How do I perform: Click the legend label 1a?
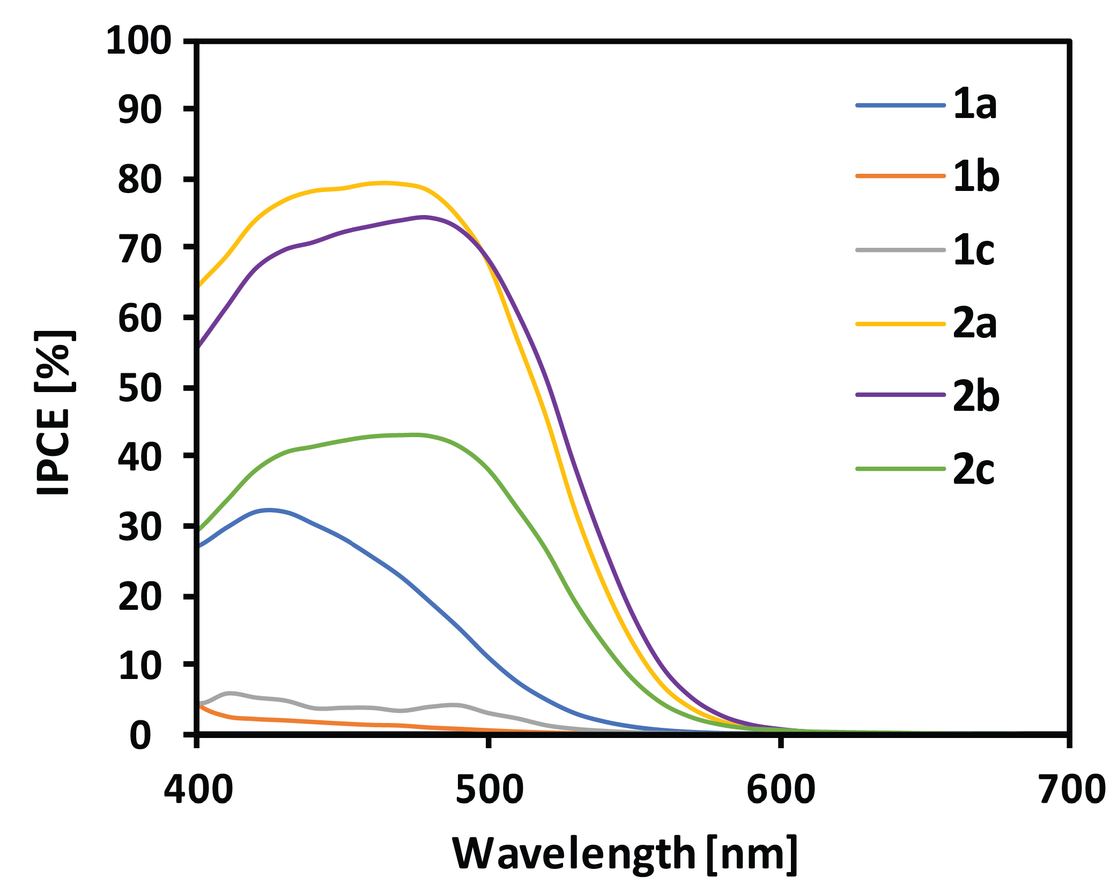pos(975,105)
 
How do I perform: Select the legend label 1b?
pos(976,177)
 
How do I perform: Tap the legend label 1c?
pos(974,250)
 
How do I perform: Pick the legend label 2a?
pos(975,323)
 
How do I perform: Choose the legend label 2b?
pos(976,396)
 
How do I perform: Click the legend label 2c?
pos(974,469)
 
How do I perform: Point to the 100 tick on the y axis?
pos(138,41)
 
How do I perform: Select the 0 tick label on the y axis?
pos(140,736)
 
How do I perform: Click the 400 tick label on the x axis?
pos(198,789)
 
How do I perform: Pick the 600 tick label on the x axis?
pos(781,789)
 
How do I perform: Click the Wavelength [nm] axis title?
pos(625,854)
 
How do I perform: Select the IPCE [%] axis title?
pos(54,413)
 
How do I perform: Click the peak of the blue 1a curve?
pos(268,510)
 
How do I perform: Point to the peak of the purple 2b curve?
pos(424,217)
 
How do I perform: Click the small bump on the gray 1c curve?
pos(231,693)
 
